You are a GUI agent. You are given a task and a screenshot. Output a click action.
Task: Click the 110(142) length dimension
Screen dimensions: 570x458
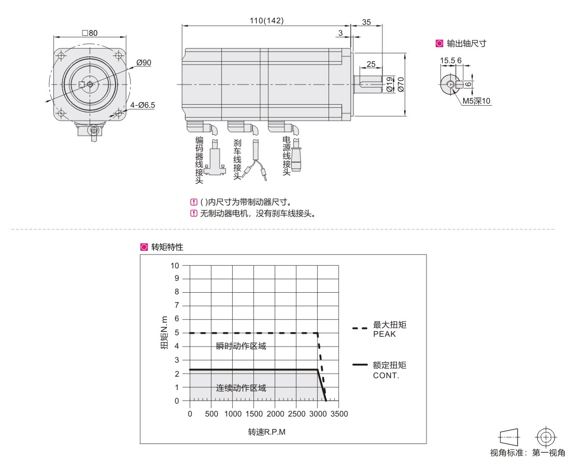point(266,21)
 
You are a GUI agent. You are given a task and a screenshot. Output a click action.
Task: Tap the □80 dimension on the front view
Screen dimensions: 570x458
point(90,33)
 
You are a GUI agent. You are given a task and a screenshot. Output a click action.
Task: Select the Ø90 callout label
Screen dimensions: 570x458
point(144,63)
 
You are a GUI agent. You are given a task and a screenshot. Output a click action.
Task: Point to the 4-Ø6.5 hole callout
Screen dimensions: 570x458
point(142,105)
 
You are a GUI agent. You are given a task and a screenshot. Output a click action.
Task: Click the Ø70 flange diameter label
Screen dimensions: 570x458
point(401,84)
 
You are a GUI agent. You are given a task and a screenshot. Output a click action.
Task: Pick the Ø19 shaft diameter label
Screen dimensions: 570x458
point(390,84)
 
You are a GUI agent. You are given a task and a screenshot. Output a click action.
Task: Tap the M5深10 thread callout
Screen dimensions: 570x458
point(476,101)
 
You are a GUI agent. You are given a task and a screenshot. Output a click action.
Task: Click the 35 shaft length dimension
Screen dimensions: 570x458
point(366,22)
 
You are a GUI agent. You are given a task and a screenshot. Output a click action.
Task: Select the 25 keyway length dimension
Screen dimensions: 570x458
point(371,64)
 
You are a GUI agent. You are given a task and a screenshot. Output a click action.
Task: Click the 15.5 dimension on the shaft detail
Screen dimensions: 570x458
point(448,60)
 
